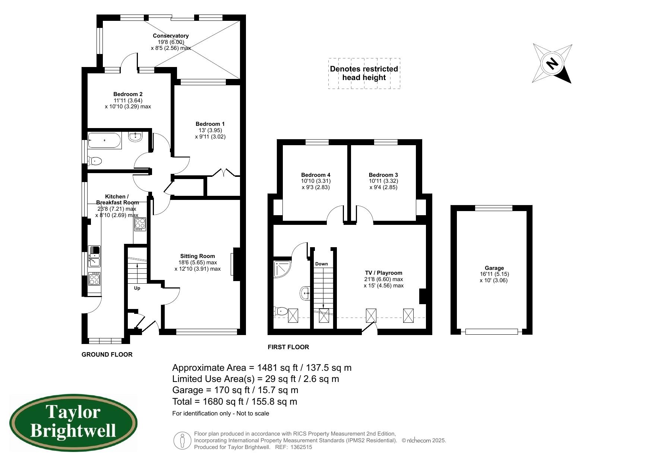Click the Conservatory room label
pyautogui.click(x=171, y=36)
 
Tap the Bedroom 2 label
pyautogui.click(x=128, y=94)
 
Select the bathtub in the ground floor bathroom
pyautogui.click(x=104, y=140)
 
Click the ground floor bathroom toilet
pyautogui.click(x=95, y=161)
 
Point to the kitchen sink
pyautogui.click(x=94, y=256)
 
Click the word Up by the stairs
pyautogui.click(x=137, y=288)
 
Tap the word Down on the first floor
pyautogui.click(x=322, y=264)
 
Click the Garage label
pyautogui.click(x=494, y=268)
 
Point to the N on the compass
pyautogui.click(x=552, y=63)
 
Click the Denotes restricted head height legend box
pyautogui.click(x=364, y=73)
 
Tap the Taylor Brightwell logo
pyautogui.click(x=73, y=423)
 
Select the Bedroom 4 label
pyautogui.click(x=316, y=175)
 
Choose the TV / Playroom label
pyautogui.click(x=383, y=273)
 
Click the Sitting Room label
pyautogui.click(x=198, y=256)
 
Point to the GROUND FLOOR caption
pyautogui.click(x=107, y=354)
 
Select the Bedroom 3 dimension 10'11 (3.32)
pyautogui.click(x=383, y=181)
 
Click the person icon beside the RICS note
pyautogui.click(x=183, y=440)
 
